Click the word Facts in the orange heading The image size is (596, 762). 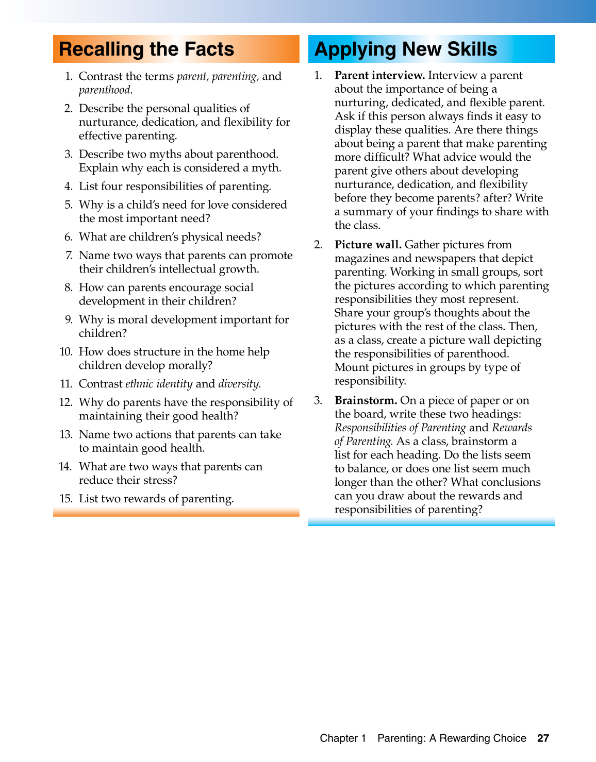(209, 49)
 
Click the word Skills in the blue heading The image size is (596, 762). (472, 49)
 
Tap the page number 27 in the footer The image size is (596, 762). (543, 738)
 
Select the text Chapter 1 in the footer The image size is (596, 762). (343, 738)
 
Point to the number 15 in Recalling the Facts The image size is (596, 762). (65, 499)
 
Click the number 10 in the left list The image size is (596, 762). (65, 352)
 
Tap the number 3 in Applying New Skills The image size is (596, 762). (318, 400)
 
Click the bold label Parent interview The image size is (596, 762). (379, 76)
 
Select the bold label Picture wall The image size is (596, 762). (368, 245)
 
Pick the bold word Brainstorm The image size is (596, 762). (366, 400)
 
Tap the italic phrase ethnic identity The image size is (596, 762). (159, 384)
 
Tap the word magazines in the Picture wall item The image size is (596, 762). (361, 259)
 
